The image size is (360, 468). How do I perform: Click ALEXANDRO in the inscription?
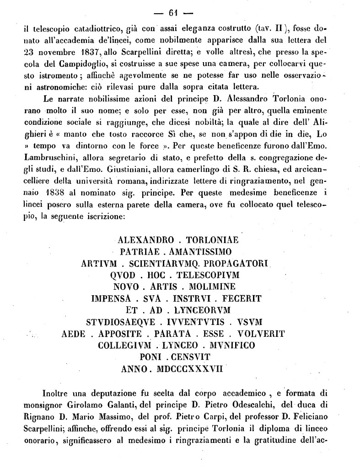tap(146, 239)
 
